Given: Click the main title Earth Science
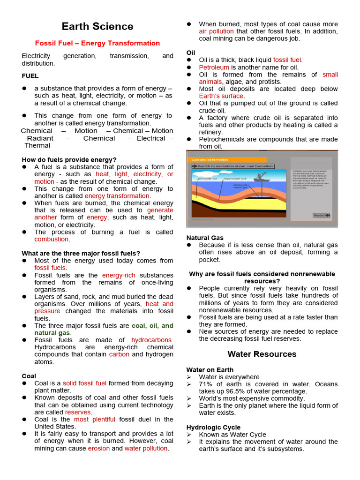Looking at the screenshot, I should click(x=97, y=26).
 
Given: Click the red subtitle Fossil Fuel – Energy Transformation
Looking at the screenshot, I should click(x=97, y=43).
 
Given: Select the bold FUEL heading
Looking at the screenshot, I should click(x=30, y=76).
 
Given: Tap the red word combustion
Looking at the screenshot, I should click(x=52, y=239).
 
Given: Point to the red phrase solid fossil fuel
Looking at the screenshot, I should click(x=85, y=383).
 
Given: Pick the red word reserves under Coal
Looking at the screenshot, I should click(x=78, y=412).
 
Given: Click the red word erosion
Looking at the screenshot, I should click(x=98, y=448).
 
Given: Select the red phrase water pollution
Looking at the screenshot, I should click(x=146, y=448).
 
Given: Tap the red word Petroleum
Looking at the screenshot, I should click(x=214, y=67).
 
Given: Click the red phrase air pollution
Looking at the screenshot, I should click(x=216, y=31).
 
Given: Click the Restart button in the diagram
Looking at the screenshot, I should click(x=321, y=215).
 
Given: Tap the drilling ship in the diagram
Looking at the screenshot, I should click(x=260, y=177).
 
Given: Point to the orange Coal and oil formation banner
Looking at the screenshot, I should click(x=227, y=159).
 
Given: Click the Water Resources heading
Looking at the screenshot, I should click(x=262, y=354).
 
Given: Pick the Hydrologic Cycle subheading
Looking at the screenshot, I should click(x=213, y=427).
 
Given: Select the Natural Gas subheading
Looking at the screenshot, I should click(x=205, y=238).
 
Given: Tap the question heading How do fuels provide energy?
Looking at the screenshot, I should click(x=69, y=160).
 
